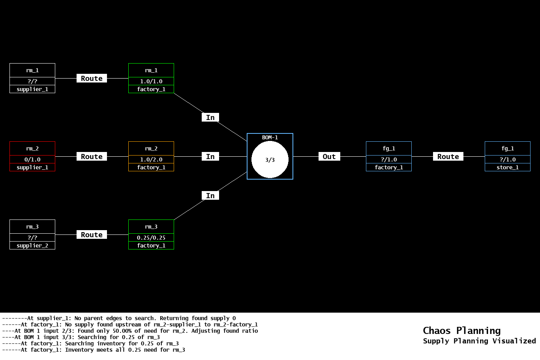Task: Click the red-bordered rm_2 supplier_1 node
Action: coord(32,156)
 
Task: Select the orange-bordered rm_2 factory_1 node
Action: coord(151,156)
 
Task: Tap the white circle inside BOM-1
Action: coord(270,160)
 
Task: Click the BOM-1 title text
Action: coord(270,137)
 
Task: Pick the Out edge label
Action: coord(329,157)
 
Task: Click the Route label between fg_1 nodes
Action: coord(448,157)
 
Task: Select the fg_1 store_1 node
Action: coord(507,156)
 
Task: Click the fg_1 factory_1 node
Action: coord(389,156)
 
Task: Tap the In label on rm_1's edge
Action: coord(210,118)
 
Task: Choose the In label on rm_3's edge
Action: coord(210,196)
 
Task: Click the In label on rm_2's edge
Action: coord(210,157)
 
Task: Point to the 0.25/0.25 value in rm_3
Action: coord(151,238)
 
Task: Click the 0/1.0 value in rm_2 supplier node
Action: coord(32,159)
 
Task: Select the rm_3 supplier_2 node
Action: coord(32,234)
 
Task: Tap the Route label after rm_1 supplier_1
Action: coord(92,79)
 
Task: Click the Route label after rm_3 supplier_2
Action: coord(92,235)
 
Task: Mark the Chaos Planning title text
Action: coord(461,331)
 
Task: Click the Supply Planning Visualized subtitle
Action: coord(479,341)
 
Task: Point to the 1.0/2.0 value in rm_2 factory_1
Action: coord(151,159)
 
